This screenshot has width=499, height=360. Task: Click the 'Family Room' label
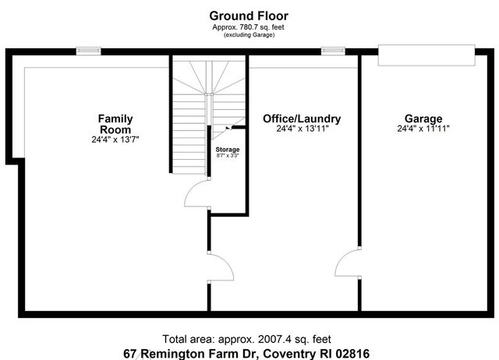[x=115, y=123]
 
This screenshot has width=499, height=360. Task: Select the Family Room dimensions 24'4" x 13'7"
[x=115, y=139]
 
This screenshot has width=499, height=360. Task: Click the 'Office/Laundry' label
[x=301, y=118]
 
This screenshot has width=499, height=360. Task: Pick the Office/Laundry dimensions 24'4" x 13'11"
[x=301, y=129]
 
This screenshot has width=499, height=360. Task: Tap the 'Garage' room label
[x=423, y=118]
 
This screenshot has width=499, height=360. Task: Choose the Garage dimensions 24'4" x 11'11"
[x=423, y=129]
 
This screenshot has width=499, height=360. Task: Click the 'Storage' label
[x=228, y=149]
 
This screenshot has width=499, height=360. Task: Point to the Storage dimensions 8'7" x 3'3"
[x=228, y=156]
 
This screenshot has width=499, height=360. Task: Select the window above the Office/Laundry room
[x=333, y=51]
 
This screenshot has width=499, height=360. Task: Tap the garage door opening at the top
[x=426, y=56]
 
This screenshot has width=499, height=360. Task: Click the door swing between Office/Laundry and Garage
[x=348, y=264]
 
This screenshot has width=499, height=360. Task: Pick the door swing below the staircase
[x=196, y=195]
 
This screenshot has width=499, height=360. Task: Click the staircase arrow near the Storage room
[x=227, y=130]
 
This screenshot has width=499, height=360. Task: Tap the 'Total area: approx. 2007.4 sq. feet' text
[x=246, y=339]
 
